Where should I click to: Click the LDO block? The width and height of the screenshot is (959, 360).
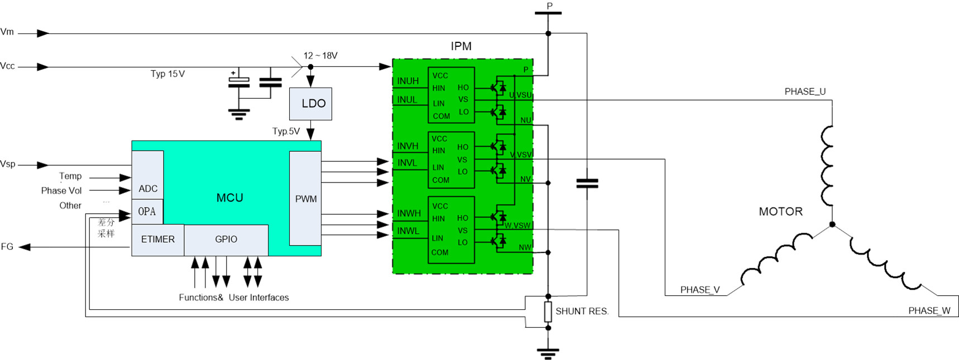point(310,104)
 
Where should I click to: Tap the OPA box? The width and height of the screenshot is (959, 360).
point(147,212)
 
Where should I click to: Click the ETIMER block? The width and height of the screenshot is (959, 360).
point(157,239)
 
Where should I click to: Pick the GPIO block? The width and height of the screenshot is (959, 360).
point(226,239)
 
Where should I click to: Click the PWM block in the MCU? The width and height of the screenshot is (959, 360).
point(305,199)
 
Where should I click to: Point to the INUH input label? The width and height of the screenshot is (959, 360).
point(408,81)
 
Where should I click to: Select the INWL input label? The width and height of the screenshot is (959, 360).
point(408,231)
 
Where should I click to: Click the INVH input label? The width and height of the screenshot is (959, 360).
point(408,146)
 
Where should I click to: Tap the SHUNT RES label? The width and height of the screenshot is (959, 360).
point(581,311)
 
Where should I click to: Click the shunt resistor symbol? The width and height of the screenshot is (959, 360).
point(548,312)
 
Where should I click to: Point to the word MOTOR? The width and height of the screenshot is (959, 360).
point(780,212)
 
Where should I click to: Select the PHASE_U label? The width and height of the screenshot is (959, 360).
point(805,92)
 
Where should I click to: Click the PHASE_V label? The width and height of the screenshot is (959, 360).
point(700,290)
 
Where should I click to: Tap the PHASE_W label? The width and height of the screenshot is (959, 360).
point(929,311)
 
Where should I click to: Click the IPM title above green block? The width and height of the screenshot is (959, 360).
point(461,46)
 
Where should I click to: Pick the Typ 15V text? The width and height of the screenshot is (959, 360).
point(167,74)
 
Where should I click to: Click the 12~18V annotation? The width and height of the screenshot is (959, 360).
point(320,55)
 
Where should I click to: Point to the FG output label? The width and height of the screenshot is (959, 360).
point(7,247)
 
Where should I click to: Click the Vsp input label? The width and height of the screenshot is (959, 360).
point(8,164)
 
